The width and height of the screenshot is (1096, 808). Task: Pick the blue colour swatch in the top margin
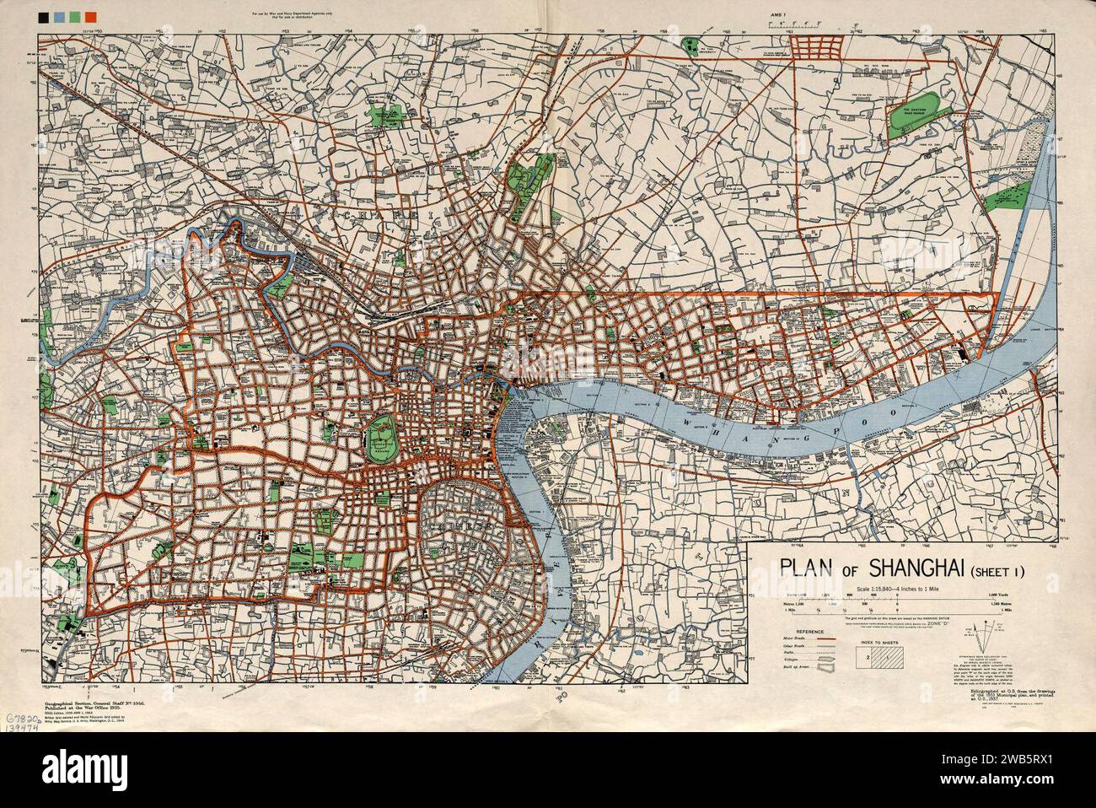(58, 15)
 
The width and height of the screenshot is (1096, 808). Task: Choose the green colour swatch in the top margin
(74, 15)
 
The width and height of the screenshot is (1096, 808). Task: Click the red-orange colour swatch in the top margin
(90, 15)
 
